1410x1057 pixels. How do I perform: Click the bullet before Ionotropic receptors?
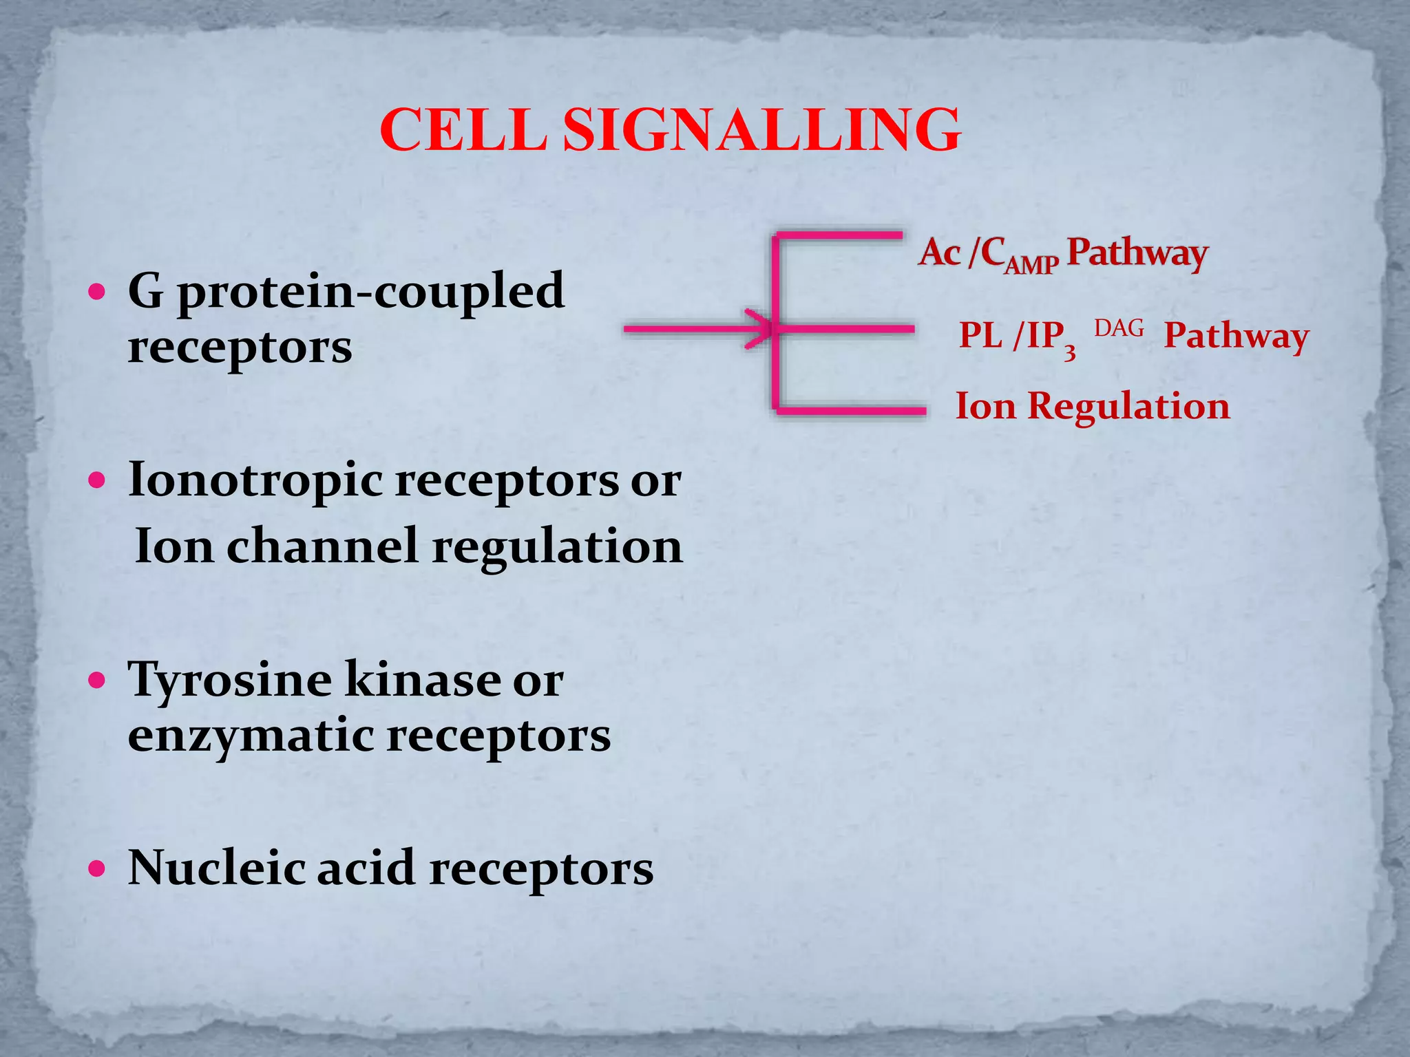[x=98, y=480]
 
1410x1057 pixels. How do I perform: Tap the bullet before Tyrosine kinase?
[x=98, y=681]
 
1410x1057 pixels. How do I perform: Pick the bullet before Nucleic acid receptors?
[x=98, y=868]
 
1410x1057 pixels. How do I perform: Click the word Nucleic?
[x=215, y=867]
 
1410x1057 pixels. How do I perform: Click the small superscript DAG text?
[x=1119, y=328]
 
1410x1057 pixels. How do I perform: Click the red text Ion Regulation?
[x=1093, y=405]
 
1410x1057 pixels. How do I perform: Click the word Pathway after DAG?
[x=1236, y=337]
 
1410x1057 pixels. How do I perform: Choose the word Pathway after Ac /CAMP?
[x=1137, y=253]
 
